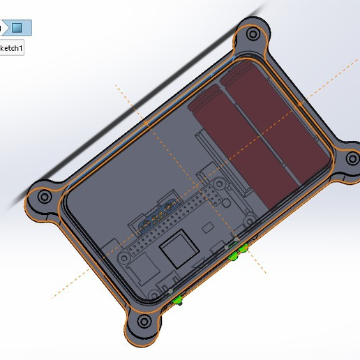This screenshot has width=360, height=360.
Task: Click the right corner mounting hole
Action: click(347, 167)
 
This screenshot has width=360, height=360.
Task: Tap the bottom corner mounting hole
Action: click(144, 322)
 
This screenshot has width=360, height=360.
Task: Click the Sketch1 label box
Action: click(11, 49)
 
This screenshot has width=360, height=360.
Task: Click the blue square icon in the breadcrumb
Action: click(17, 28)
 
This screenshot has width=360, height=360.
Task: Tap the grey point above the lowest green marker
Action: click(171, 289)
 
